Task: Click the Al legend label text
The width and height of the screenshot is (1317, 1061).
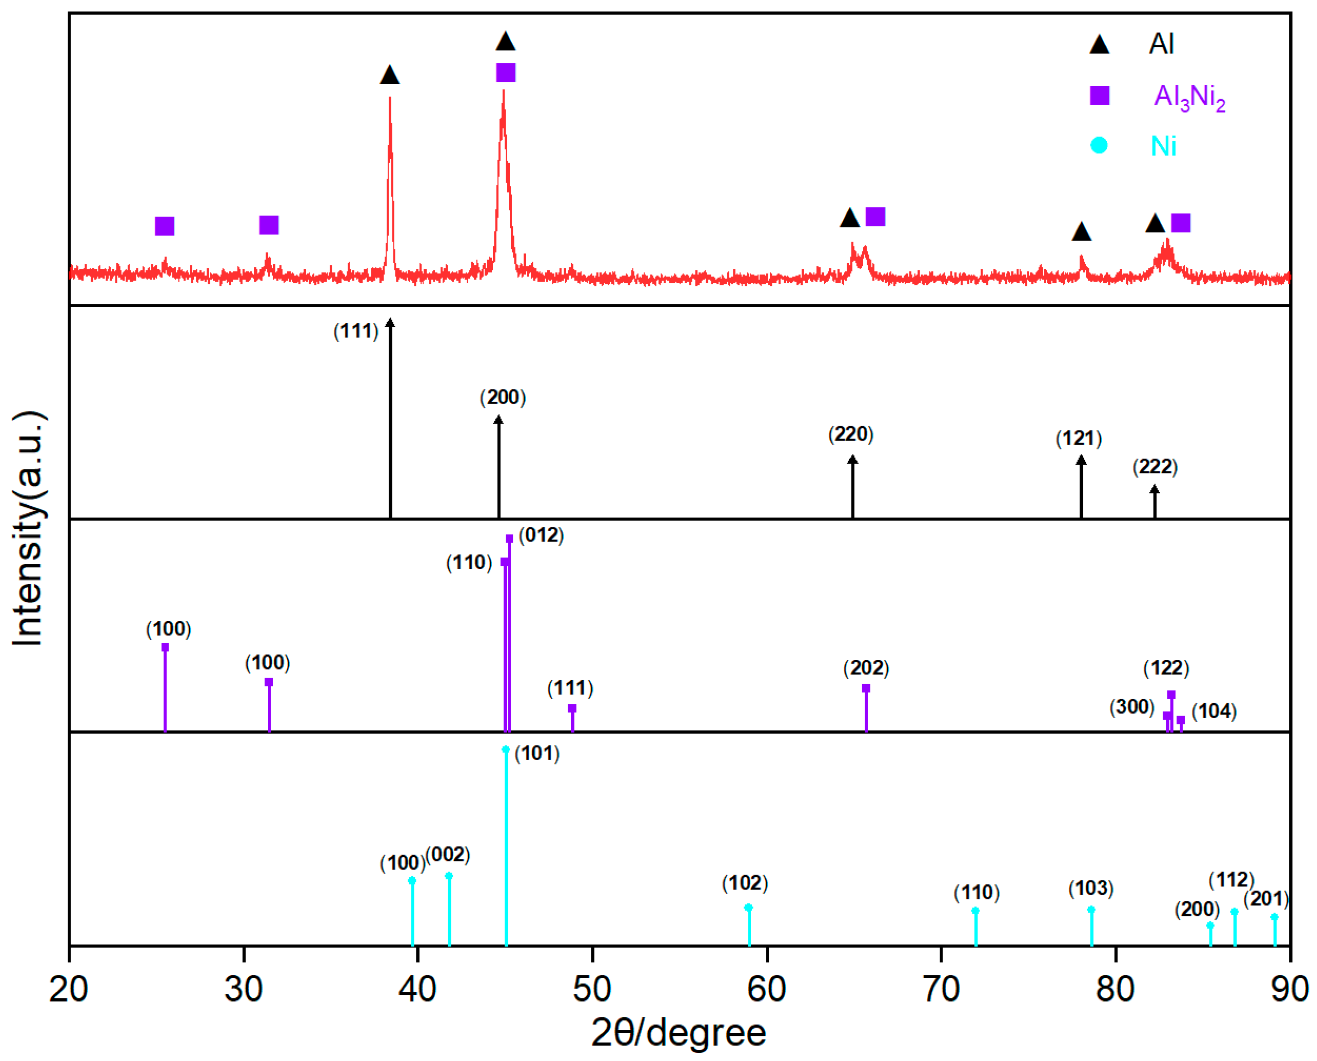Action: click(x=1161, y=44)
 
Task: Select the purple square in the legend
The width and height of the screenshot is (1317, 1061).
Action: click(x=1099, y=96)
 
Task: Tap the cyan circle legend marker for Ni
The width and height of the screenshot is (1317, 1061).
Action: click(x=1098, y=146)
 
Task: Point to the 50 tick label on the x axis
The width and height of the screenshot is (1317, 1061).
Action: click(x=592, y=989)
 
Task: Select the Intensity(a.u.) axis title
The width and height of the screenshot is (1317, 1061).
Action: click(x=27, y=529)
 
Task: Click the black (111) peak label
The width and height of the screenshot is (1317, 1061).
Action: click(x=356, y=331)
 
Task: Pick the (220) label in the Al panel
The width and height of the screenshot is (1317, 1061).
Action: click(x=851, y=434)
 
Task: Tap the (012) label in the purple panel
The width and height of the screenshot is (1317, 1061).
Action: click(x=541, y=536)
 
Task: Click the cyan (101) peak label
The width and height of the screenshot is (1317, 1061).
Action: click(x=537, y=754)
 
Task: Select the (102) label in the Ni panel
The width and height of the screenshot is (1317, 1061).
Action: click(x=744, y=883)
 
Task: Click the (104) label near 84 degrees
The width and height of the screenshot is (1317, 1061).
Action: click(x=1214, y=711)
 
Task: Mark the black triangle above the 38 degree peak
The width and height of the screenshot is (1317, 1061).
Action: click(x=390, y=76)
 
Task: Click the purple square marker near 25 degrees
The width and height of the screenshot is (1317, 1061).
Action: click(x=165, y=226)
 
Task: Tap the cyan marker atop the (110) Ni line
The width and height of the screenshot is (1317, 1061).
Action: click(x=975, y=911)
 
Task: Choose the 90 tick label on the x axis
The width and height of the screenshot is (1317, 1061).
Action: click(x=1290, y=989)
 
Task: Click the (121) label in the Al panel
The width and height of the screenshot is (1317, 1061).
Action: click(x=1078, y=439)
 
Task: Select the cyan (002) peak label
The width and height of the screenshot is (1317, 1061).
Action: click(x=447, y=855)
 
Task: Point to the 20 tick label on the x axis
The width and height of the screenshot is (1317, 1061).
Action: click(x=69, y=989)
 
